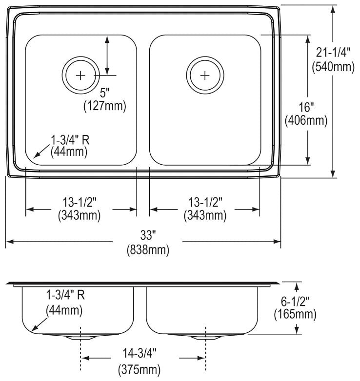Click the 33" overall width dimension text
click(148, 235)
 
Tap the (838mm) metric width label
click(148, 250)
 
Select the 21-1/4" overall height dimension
click(333, 52)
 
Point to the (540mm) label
click(333, 67)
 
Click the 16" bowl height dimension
click(306, 107)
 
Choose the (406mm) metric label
click(306, 121)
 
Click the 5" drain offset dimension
click(105, 93)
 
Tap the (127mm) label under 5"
click(105, 106)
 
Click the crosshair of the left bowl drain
click(80, 76)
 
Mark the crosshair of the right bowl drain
click(205, 76)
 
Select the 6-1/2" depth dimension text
click(295, 302)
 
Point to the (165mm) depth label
click(295, 315)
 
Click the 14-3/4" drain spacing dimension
click(140, 354)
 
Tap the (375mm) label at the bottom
click(140, 370)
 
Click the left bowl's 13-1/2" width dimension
click(80, 202)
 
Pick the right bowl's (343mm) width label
click(205, 215)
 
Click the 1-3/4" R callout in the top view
click(70, 140)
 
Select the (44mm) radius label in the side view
click(64, 311)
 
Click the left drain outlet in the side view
click(80, 337)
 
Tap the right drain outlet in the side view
click(205, 337)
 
